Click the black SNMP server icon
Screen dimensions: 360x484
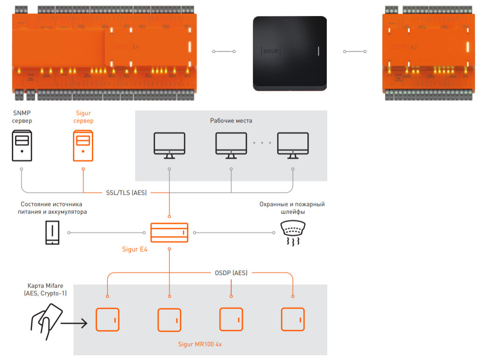coord(22,146)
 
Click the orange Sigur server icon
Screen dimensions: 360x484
coord(83,146)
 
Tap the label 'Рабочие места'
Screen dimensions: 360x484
coord(231,121)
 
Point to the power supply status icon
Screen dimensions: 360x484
coord(52,233)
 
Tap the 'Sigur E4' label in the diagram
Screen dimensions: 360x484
coord(135,250)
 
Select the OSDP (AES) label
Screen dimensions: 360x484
coord(231,273)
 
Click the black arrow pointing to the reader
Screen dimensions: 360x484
coord(74,323)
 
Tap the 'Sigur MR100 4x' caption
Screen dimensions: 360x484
coord(200,344)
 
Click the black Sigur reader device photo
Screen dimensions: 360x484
coord(290,53)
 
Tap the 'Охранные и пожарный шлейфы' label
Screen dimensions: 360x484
coord(292,208)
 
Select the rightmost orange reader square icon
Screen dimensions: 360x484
coord(293,319)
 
